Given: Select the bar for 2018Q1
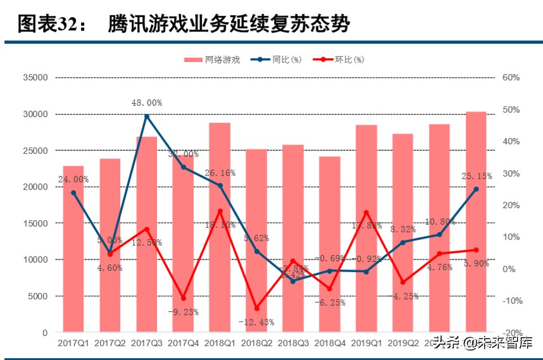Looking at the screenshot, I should pyautogui.click(x=220, y=227).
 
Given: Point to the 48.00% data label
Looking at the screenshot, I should pyautogui.click(x=147, y=102).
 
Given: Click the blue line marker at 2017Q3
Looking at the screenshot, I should pyautogui.click(x=147, y=116).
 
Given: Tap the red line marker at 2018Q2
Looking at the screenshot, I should pyautogui.click(x=256, y=308).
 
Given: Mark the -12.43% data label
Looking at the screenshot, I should pyautogui.click(x=256, y=322).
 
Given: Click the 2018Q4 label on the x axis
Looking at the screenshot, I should pyautogui.click(x=329, y=344).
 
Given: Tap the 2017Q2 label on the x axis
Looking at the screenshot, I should pyautogui.click(x=110, y=344).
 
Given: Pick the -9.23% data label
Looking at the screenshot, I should pyautogui.click(x=184, y=312).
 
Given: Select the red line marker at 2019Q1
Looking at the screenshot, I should pyautogui.click(x=366, y=212).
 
